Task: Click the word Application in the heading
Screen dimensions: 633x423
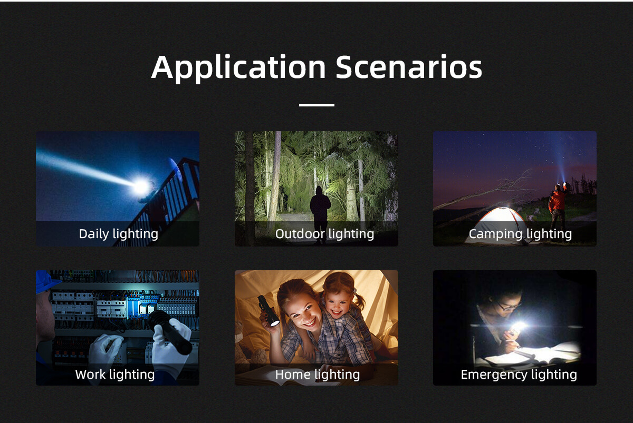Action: (238, 68)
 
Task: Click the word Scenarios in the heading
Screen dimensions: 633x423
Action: (409, 66)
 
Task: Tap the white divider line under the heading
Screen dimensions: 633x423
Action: (316, 105)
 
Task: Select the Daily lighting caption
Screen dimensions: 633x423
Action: (118, 234)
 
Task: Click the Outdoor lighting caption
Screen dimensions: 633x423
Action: (324, 234)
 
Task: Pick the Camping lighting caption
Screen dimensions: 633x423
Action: (520, 234)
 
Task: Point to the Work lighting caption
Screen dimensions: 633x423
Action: (115, 375)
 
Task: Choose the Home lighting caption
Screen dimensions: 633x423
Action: (318, 375)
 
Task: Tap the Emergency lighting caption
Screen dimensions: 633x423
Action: (519, 375)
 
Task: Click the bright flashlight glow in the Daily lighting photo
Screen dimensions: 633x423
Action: (140, 186)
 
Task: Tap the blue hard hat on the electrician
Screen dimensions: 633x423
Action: (45, 281)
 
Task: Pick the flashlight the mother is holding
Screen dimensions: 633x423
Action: (268, 310)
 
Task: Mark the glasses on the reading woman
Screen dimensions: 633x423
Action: (509, 306)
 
